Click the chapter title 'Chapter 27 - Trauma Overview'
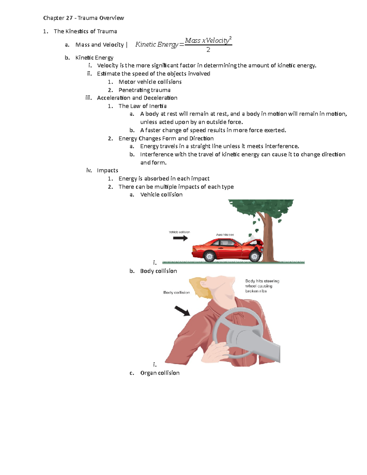coord(83,18)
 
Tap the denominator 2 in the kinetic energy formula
coord(208,50)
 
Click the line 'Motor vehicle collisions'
coord(150,82)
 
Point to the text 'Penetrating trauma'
coord(144,90)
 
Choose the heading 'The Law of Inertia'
coord(143,106)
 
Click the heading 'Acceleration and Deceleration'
coord(137,98)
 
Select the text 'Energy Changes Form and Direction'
coord(166,138)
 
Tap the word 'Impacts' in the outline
coord(107,170)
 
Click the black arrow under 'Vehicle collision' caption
coord(180,238)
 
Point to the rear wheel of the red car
coord(209,256)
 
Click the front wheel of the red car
coord(254,256)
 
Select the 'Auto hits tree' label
coord(225,235)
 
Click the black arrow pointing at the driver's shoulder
coord(182,311)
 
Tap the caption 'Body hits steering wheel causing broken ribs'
coord(262,286)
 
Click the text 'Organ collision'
coord(160,373)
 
